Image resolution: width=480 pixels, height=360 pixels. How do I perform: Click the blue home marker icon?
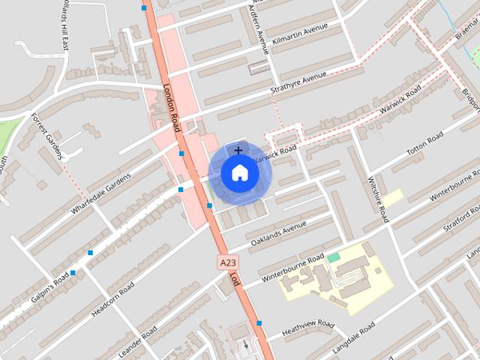(240, 173)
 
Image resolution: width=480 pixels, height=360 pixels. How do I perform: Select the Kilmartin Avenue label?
(301, 35)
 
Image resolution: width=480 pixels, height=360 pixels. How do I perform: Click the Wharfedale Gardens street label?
(101, 193)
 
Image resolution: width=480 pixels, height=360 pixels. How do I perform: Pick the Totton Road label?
(425, 144)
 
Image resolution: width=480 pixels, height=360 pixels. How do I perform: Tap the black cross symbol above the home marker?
(238, 151)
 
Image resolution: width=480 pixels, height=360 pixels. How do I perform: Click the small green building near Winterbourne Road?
(333, 258)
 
